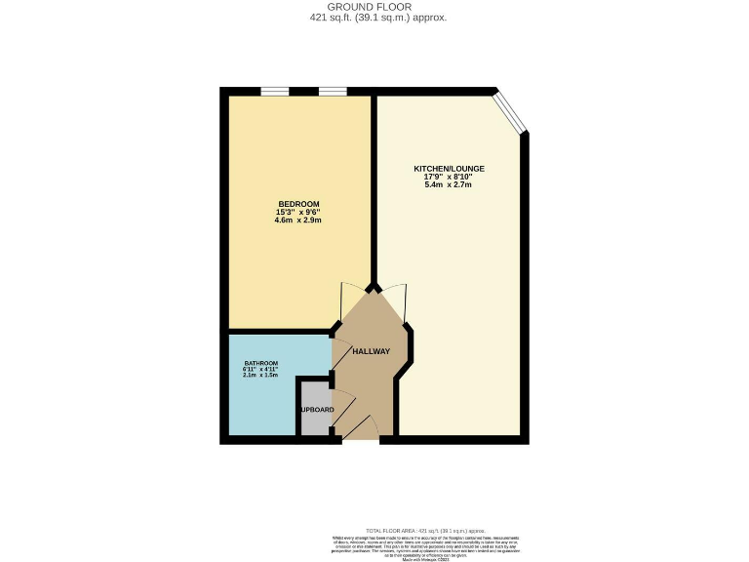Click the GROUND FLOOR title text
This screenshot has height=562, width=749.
[x=374, y=7]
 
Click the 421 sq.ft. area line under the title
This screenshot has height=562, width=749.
[x=374, y=18]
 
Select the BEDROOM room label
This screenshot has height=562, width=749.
[x=298, y=204]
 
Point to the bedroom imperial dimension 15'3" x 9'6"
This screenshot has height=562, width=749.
[x=298, y=213]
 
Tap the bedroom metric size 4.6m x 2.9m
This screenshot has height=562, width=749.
[x=298, y=221]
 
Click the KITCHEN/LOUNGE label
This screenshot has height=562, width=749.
[x=449, y=169]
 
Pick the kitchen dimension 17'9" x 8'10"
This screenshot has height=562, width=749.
[x=449, y=177]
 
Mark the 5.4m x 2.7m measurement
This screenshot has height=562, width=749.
[x=449, y=185]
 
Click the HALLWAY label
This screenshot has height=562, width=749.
[x=371, y=352]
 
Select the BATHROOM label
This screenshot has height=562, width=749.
[x=261, y=363]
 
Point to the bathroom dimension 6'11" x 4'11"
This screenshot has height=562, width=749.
[x=261, y=369]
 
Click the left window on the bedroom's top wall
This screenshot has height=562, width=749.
[x=274, y=92]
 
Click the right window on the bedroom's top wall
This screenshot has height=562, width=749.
[x=333, y=92]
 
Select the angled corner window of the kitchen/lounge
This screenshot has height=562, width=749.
[x=510, y=111]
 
